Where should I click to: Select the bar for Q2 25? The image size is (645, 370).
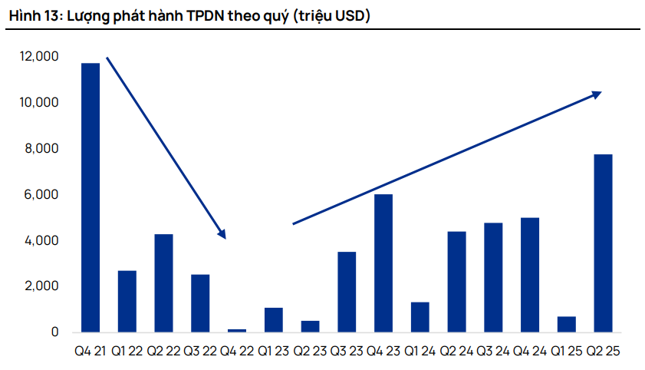[603, 243]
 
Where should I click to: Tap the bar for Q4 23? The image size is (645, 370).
[383, 263]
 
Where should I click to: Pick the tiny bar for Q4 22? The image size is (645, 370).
[237, 330]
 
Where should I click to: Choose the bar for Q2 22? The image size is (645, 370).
[163, 283]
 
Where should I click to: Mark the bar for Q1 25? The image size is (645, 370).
[566, 324]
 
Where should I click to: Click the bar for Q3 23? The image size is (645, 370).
[347, 292]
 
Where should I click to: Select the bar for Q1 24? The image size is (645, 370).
[420, 317]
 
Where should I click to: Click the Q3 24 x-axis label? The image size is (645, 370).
[492, 352]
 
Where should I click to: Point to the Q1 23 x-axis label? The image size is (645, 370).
[273, 352]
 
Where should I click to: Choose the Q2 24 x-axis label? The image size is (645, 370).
[456, 352]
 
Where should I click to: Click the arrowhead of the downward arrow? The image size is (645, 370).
[222, 234]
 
